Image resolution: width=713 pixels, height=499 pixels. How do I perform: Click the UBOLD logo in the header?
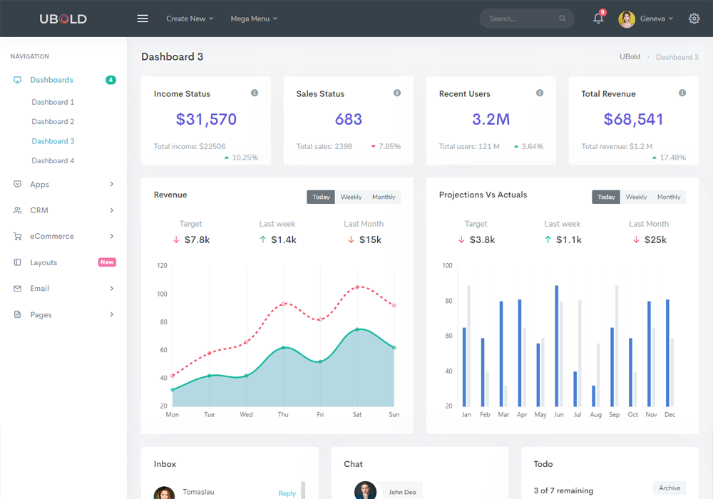(x=63, y=19)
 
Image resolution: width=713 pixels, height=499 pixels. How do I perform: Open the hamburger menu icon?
(x=143, y=19)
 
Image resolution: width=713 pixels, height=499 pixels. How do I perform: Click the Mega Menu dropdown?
(x=254, y=19)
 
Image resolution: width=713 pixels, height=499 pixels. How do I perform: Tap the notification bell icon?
(x=598, y=19)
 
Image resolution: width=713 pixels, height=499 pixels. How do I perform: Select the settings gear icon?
(x=694, y=19)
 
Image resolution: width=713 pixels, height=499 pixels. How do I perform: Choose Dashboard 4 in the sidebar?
(x=53, y=160)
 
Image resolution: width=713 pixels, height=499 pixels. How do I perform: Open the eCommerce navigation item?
(x=52, y=236)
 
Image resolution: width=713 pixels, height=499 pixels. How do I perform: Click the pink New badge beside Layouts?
(x=107, y=262)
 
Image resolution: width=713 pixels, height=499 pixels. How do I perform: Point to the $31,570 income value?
(x=206, y=119)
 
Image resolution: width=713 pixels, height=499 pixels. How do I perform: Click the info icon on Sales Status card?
(x=397, y=93)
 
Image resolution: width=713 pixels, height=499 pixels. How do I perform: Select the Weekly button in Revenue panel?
(x=351, y=197)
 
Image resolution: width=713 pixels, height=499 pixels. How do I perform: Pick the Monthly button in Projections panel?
(x=669, y=197)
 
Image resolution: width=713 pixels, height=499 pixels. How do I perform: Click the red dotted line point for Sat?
(x=357, y=288)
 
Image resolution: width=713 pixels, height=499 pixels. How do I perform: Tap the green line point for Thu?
(x=283, y=348)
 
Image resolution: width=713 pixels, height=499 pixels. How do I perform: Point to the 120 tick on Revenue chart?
(x=162, y=266)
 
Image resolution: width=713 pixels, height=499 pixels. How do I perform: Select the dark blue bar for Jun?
(x=556, y=346)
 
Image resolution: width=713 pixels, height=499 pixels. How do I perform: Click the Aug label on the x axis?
(x=595, y=414)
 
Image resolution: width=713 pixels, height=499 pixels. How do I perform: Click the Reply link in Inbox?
(x=287, y=493)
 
